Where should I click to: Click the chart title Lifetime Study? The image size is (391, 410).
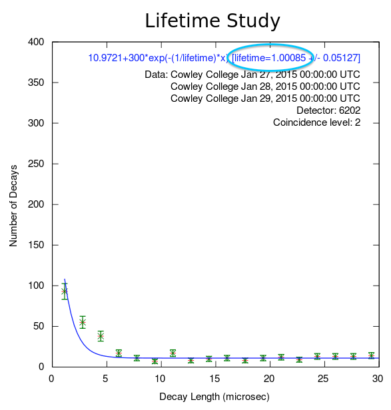pyautogui.click(x=212, y=21)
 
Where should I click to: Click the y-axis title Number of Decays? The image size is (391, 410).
pyautogui.click(x=13, y=206)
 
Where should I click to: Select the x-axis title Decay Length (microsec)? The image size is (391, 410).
pyautogui.click(x=214, y=397)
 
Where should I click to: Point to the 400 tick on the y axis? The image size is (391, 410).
pyautogui.click(x=36, y=42)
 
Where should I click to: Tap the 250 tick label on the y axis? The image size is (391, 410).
pyautogui.click(x=36, y=164)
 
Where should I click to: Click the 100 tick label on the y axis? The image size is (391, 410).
pyautogui.click(x=36, y=286)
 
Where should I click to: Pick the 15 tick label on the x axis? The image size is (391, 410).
pyautogui.click(x=214, y=379)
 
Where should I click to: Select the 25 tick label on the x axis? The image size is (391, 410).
pyautogui.click(x=324, y=379)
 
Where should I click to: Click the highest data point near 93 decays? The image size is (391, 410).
pyautogui.click(x=65, y=292)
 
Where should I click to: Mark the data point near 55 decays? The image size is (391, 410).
pyautogui.click(x=83, y=322)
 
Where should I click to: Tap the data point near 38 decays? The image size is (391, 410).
pyautogui.click(x=101, y=336)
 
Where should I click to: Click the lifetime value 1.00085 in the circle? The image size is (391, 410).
pyautogui.click(x=288, y=58)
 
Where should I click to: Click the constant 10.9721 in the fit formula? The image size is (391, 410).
pyautogui.click(x=105, y=58)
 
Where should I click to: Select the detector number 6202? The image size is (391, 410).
pyautogui.click(x=350, y=110)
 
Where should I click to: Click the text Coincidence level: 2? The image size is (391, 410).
pyautogui.click(x=316, y=122)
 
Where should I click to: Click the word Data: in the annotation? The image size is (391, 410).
pyautogui.click(x=157, y=75)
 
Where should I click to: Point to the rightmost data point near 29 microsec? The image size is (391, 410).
pyautogui.click(x=372, y=355)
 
